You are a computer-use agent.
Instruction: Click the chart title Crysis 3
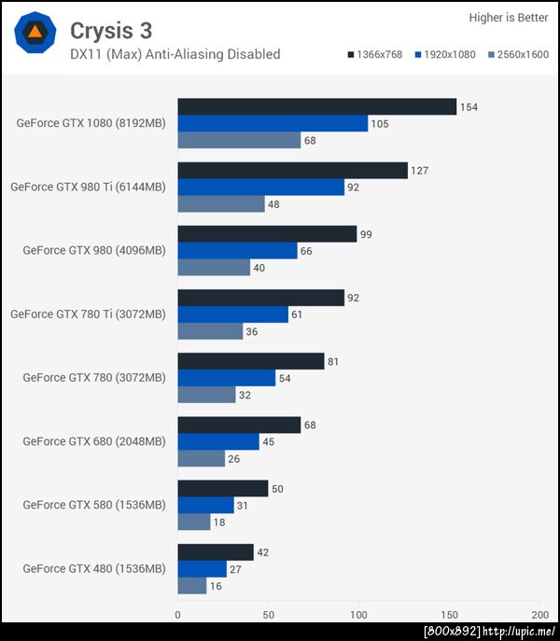pyautogui.click(x=111, y=31)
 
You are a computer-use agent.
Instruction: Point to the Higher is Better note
pyautogui.click(x=508, y=17)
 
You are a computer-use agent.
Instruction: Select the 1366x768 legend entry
pyautogui.click(x=374, y=55)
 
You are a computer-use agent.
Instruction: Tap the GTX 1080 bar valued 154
pyautogui.click(x=316, y=106)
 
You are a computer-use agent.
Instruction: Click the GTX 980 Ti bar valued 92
pyautogui.click(x=261, y=187)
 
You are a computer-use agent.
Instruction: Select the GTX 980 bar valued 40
pyautogui.click(x=214, y=268)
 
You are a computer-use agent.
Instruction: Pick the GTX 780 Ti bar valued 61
pyautogui.click(x=232, y=314)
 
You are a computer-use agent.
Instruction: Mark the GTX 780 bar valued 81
pyautogui.click(x=251, y=361)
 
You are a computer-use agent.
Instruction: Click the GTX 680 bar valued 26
pyautogui.click(x=201, y=458)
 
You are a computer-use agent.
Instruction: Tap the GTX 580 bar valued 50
pyautogui.click(x=222, y=488)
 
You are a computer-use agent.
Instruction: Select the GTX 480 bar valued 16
pyautogui.click(x=191, y=585)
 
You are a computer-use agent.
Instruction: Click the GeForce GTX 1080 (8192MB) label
pyautogui.click(x=91, y=123)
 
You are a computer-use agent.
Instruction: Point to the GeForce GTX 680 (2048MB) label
pyautogui.click(x=94, y=441)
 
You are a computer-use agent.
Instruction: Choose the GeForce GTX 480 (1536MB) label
pyautogui.click(x=94, y=568)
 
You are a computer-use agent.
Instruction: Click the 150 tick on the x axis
pyautogui.click(x=450, y=615)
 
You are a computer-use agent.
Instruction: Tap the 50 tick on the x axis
pyautogui.click(x=268, y=615)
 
